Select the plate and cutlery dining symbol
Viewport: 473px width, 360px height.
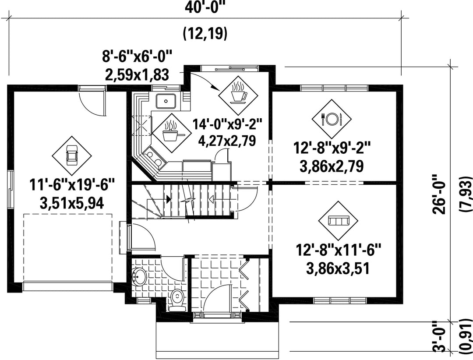click(x=332, y=119)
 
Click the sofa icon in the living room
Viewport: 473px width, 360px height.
click(x=338, y=221)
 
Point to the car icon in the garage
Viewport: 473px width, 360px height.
click(x=72, y=155)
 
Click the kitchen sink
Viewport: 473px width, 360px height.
click(x=166, y=101)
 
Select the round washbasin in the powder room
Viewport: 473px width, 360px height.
click(x=139, y=276)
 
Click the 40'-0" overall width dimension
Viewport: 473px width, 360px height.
click(x=205, y=7)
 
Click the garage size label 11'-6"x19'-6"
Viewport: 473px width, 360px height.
click(x=72, y=185)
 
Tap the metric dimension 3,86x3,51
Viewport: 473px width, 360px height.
click(x=338, y=268)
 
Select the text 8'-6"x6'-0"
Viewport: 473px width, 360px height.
click(x=137, y=57)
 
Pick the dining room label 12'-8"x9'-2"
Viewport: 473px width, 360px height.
click(x=331, y=148)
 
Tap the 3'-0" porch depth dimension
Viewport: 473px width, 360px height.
click(x=440, y=340)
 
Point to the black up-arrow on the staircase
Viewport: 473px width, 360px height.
click(x=168, y=199)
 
